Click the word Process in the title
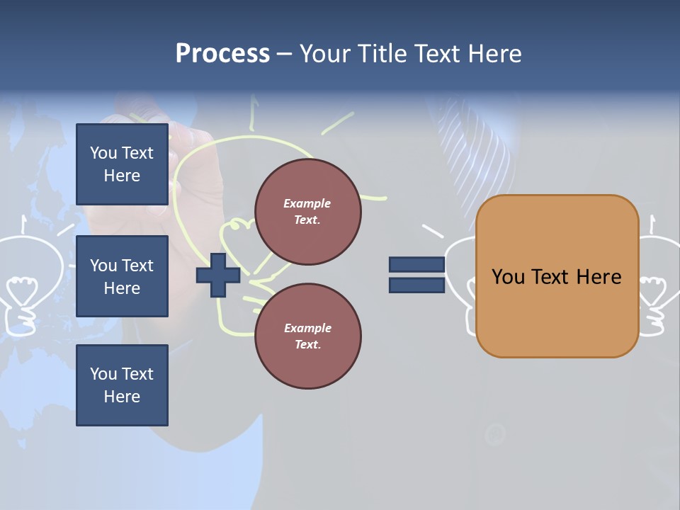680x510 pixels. coord(222,54)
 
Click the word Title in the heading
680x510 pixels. coord(382,54)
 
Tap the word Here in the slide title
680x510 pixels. coord(494,54)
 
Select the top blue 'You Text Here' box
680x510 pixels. coord(122,164)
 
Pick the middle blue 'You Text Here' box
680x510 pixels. coord(122,276)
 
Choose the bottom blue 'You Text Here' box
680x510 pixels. coord(122,385)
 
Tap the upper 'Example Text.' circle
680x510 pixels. coord(307,212)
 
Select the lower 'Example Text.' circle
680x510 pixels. coord(307,336)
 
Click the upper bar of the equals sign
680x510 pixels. coord(416,265)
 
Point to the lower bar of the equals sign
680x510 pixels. coord(416,285)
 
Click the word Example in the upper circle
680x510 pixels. coord(307,203)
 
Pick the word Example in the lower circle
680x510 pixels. coord(307,328)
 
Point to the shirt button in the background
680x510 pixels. coord(494,433)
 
